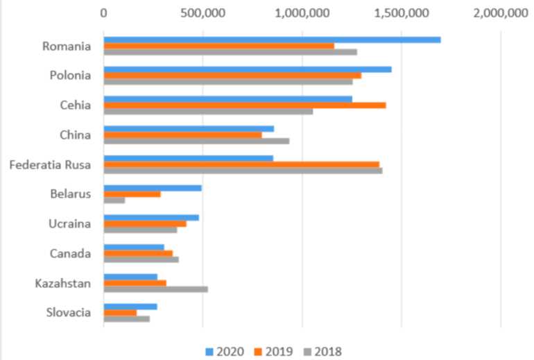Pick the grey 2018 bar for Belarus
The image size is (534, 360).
114,200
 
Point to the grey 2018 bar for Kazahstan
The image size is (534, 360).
155,289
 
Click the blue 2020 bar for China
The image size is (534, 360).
189,128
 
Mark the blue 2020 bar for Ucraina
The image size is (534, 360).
151,217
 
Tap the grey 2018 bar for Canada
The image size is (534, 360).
141,259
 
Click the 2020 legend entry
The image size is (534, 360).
225,351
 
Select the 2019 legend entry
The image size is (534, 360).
276,351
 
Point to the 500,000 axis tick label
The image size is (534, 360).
203,12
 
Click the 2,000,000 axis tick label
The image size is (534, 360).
500,12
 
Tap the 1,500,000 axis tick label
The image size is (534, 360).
401,12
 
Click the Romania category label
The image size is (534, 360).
67,47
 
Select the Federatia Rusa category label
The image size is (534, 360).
51,164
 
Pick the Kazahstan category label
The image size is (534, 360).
63,282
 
